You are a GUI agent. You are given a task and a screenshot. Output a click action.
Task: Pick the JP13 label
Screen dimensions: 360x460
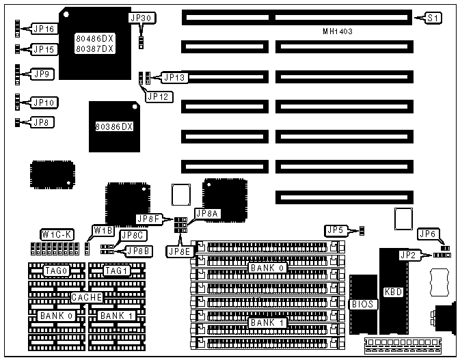174,77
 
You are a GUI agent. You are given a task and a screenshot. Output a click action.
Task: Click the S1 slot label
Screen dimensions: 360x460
433,18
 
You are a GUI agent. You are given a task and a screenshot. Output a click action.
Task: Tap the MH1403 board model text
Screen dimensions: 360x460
341,31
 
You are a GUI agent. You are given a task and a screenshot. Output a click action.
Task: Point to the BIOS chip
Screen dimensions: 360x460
362,303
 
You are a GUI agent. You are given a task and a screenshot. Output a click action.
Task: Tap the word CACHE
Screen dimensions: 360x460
87,297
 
